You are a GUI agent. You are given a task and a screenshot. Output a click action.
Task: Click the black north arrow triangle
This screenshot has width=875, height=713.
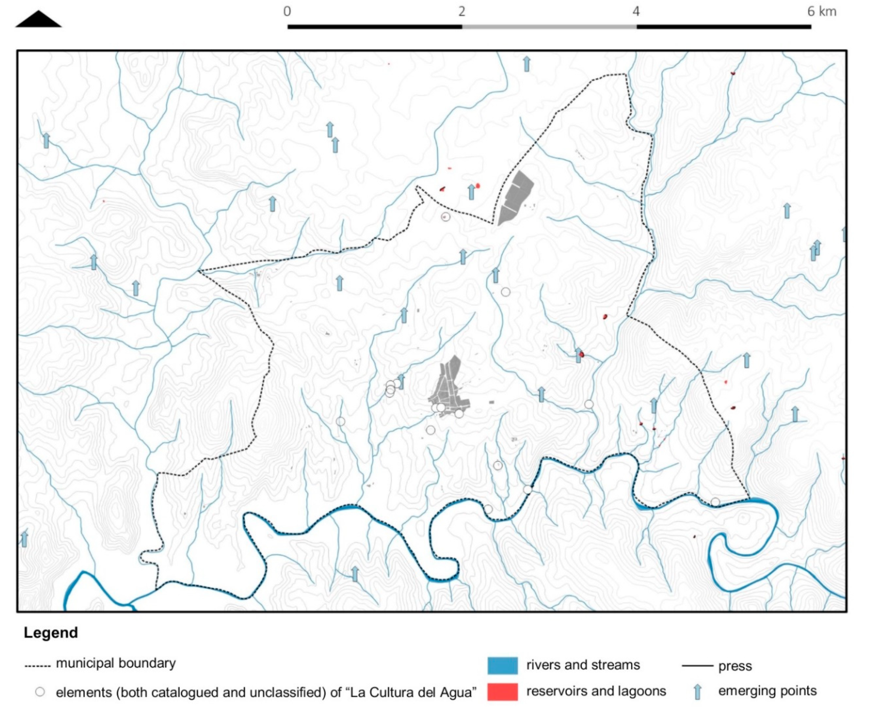pos(38,20)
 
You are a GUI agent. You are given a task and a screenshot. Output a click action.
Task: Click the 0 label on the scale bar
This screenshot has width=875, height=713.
pos(287,11)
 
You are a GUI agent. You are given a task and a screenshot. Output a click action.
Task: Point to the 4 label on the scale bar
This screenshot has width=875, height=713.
pos(636,11)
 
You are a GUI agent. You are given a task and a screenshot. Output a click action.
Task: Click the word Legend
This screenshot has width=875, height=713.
pos(51,633)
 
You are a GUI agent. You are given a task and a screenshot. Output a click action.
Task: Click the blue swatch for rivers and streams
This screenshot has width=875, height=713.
pos(502,665)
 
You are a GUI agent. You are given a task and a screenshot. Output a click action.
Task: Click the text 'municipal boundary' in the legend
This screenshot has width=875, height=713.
pos(116,663)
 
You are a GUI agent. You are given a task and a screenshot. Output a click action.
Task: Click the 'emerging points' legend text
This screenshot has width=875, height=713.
pos(767,691)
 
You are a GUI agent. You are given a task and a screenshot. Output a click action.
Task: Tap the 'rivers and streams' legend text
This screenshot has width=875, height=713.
pos(583,665)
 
